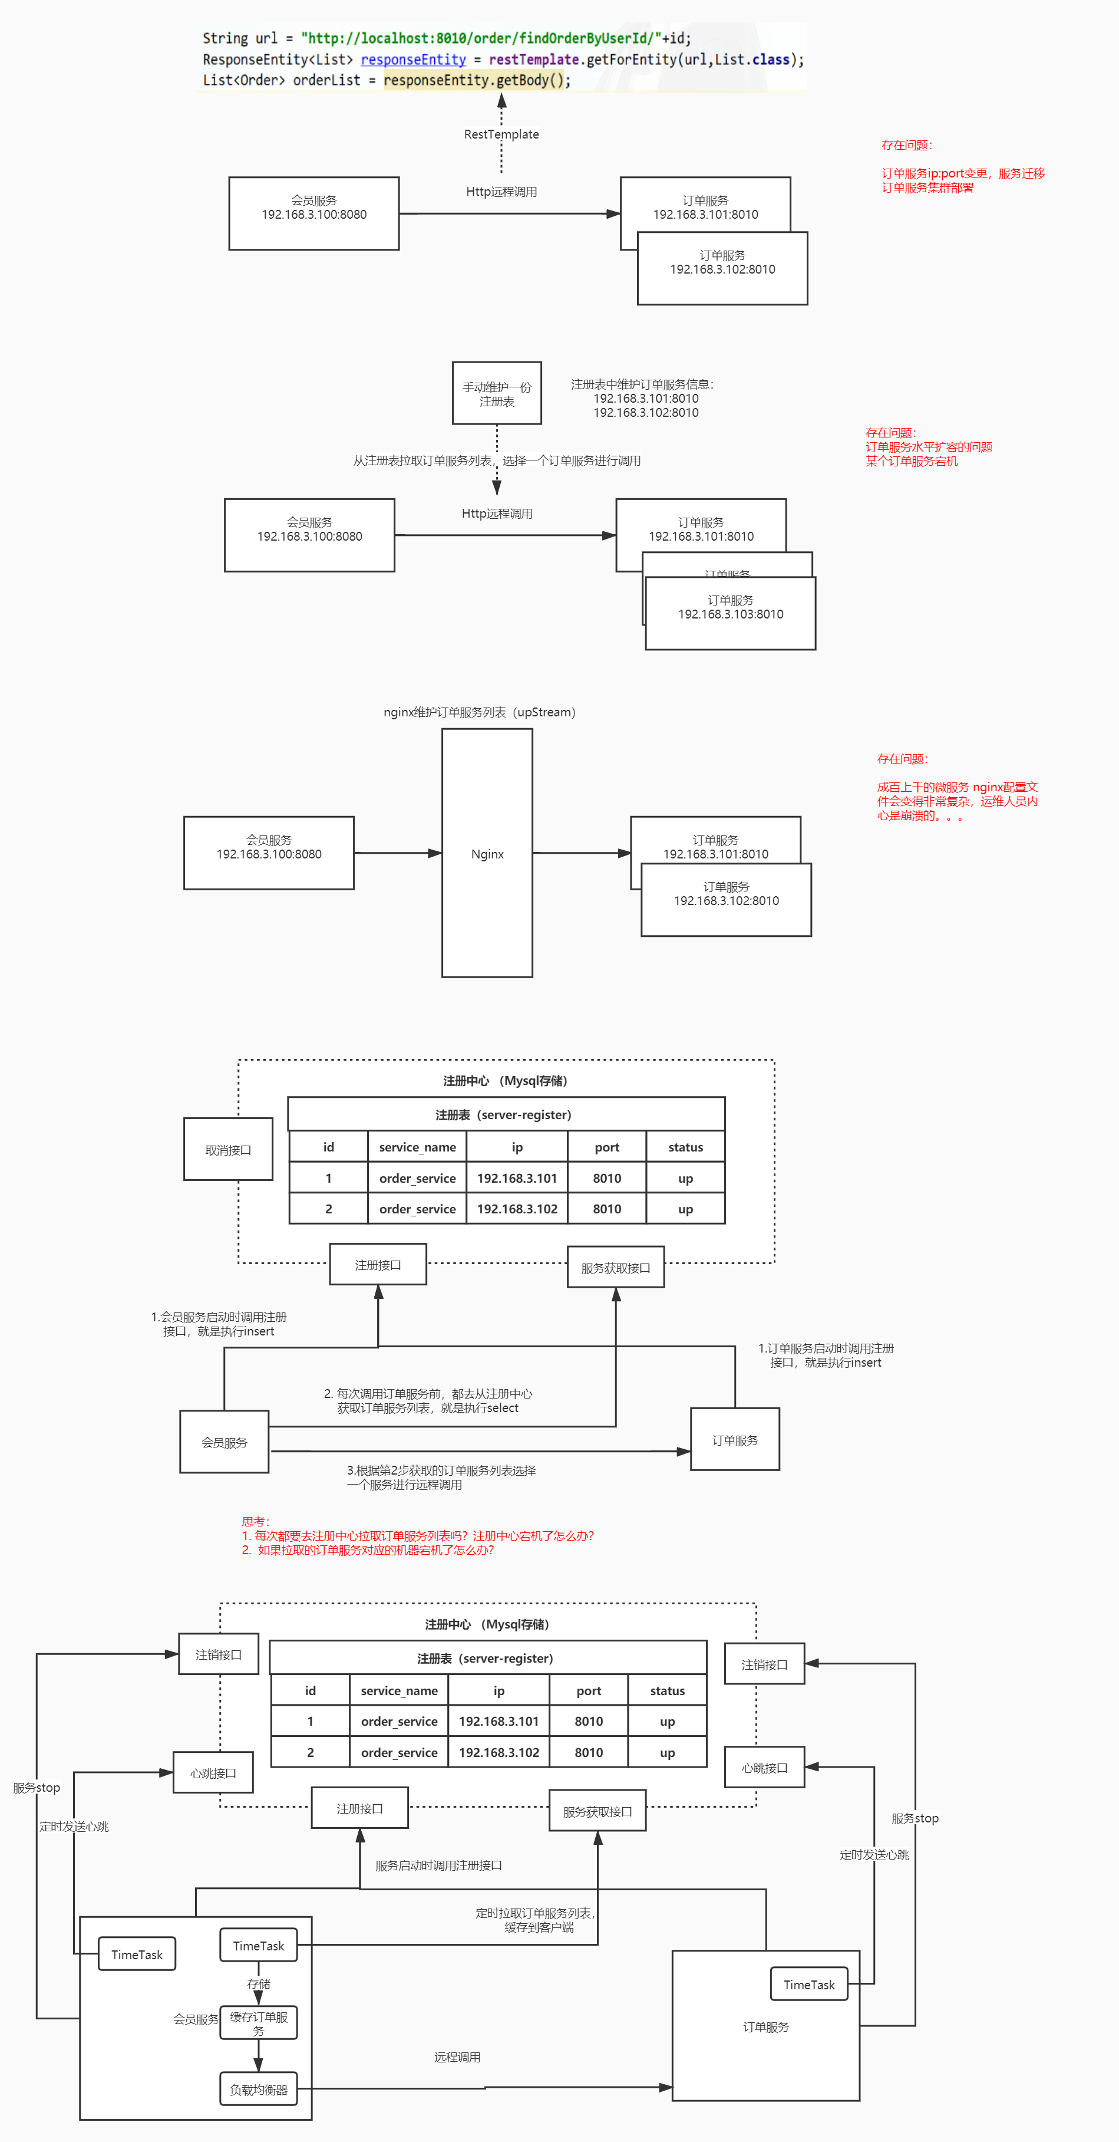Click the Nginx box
click(487, 853)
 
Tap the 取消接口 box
click(228, 1149)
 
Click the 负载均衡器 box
click(259, 2089)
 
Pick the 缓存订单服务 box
click(259, 2022)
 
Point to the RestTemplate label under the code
click(501, 134)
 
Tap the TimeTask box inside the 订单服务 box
click(809, 1984)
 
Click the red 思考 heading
click(255, 1521)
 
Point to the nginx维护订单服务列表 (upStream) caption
click(480, 712)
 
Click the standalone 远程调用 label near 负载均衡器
click(457, 2057)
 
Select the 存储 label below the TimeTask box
click(259, 1983)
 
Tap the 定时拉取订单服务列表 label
click(536, 1919)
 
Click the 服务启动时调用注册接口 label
click(438, 1865)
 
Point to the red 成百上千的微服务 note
click(957, 801)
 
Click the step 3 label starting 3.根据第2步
click(441, 1477)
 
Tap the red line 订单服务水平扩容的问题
click(929, 446)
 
